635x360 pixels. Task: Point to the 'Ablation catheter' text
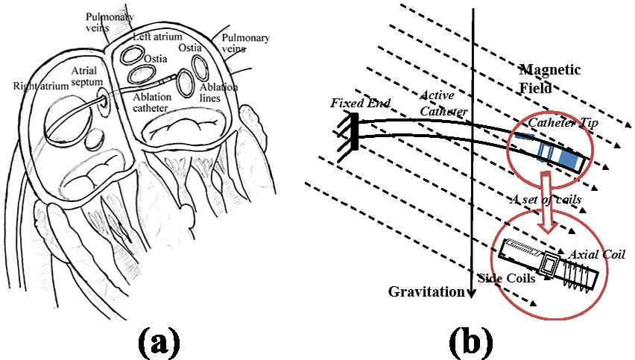(151, 102)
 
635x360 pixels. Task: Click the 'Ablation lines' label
(218, 93)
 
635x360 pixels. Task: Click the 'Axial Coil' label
(598, 255)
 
